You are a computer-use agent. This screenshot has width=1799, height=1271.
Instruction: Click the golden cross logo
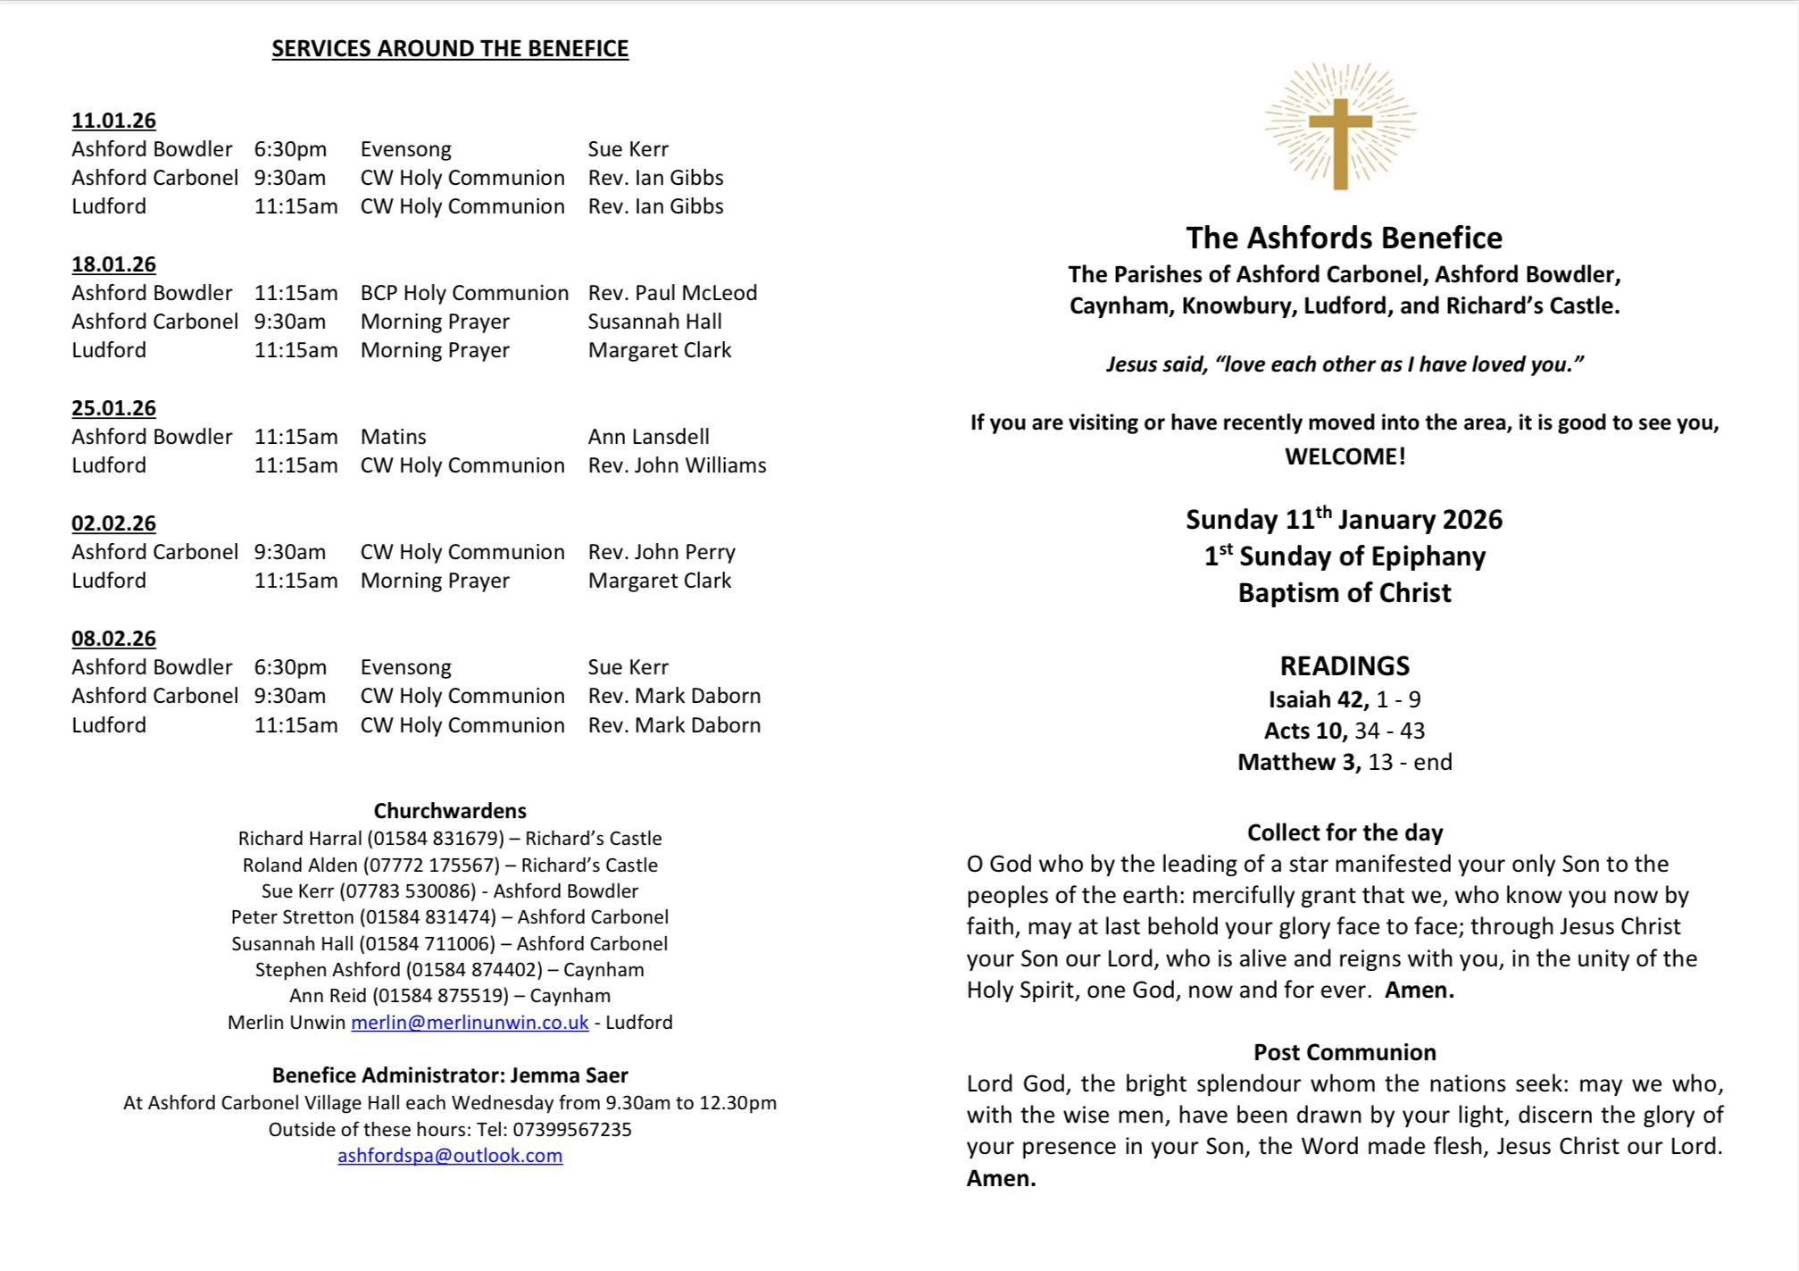point(1340,128)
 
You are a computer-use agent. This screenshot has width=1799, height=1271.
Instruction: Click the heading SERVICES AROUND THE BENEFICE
point(450,48)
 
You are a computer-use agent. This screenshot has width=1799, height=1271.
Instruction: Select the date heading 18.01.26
point(113,264)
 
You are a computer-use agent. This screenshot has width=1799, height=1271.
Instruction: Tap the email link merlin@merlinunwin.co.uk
point(470,1023)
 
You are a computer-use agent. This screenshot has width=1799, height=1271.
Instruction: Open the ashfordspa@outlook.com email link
point(450,1156)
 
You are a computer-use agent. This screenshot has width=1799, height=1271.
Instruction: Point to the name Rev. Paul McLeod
point(672,293)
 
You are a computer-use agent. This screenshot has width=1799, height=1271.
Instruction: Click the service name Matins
point(393,437)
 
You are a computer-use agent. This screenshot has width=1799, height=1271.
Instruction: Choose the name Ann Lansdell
point(648,437)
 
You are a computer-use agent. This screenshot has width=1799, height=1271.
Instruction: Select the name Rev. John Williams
point(677,465)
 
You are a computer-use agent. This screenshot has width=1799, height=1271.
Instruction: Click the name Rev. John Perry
point(662,552)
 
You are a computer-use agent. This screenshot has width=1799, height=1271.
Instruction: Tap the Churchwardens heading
point(450,811)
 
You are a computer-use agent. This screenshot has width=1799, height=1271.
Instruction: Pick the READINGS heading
point(1345,666)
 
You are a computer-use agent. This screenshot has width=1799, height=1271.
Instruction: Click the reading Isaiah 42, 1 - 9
point(1345,699)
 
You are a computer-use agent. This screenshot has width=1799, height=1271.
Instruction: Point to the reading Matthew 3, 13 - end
point(1345,762)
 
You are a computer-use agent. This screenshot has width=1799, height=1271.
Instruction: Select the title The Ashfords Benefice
point(1344,238)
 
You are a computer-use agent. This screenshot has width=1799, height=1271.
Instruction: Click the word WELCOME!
point(1345,456)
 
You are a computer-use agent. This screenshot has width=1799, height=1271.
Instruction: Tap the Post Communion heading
point(1345,1052)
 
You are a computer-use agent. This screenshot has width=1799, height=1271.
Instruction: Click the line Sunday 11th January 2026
point(1344,520)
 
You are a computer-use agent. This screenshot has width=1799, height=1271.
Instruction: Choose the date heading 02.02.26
point(113,523)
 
